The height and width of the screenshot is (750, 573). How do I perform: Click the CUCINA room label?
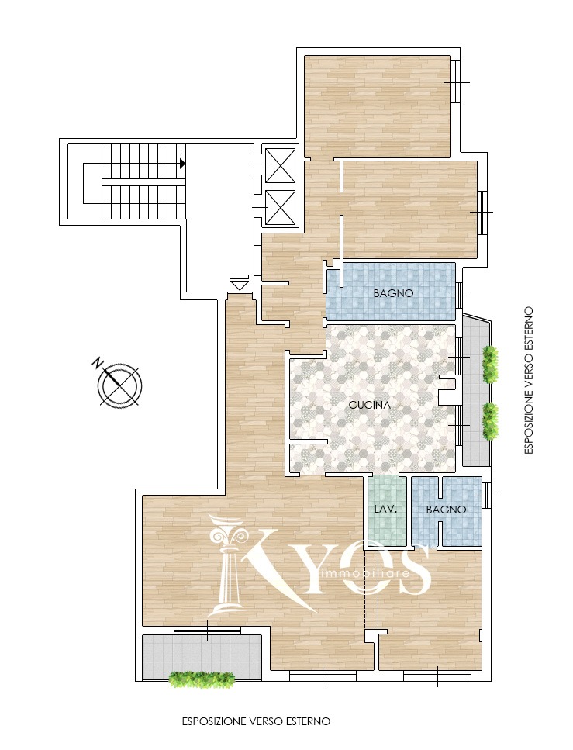pos(369,405)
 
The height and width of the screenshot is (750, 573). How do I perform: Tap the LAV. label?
pos(385,510)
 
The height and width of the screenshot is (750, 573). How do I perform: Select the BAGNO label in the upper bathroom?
pos(393,293)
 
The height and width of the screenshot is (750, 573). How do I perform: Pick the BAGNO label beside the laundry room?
pos(446,510)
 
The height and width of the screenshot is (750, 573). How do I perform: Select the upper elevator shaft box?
pos(280,165)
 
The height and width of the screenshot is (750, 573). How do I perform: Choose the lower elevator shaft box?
pos(280,207)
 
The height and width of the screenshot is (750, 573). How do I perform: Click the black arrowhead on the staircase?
pos(182,164)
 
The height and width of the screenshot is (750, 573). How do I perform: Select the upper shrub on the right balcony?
pos(490,364)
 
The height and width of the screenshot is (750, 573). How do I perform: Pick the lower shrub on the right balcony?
pos(490,421)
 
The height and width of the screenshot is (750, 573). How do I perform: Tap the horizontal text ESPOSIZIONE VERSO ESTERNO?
pos(257,721)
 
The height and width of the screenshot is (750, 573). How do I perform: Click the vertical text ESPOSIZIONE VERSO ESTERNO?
pos(529,381)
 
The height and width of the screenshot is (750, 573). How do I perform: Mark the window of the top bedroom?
pos(456,81)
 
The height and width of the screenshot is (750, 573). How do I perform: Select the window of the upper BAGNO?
pos(459,296)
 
